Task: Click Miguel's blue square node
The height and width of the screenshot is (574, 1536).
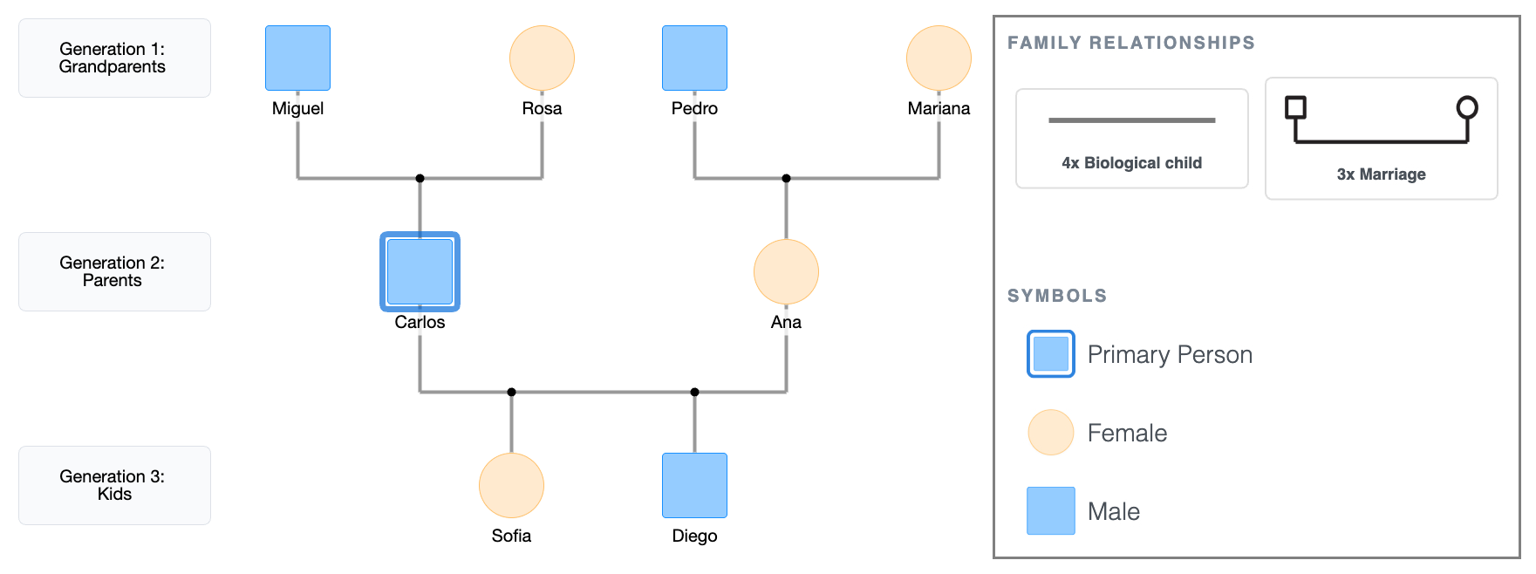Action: (x=297, y=58)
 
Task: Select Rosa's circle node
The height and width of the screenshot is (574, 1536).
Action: (x=542, y=58)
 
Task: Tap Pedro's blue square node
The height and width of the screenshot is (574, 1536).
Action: (x=694, y=58)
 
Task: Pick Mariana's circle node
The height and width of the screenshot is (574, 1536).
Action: (x=939, y=58)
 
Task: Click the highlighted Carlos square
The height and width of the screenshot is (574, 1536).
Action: (x=420, y=271)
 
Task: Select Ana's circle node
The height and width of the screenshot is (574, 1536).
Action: (x=786, y=271)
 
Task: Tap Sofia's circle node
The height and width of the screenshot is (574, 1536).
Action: (x=511, y=485)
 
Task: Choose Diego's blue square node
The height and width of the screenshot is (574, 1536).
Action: (x=694, y=485)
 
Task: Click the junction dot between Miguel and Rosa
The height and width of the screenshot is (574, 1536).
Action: (x=420, y=178)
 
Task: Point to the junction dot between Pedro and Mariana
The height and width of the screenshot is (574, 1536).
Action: (x=786, y=178)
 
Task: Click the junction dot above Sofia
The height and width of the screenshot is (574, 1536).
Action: (x=511, y=392)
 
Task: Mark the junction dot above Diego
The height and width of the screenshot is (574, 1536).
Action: (x=694, y=392)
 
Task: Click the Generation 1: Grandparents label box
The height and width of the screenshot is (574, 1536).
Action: (x=114, y=58)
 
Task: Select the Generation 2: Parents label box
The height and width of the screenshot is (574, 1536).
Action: (x=114, y=271)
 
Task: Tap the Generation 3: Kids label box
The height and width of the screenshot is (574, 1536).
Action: (x=114, y=485)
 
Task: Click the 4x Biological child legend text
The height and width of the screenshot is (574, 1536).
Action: (x=1131, y=163)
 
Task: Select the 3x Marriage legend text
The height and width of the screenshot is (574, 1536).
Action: (x=1381, y=174)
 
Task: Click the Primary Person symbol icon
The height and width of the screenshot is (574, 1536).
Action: (x=1050, y=354)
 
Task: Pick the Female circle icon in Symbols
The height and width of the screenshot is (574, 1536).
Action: (x=1050, y=433)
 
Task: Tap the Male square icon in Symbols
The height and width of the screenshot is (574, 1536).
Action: (x=1050, y=510)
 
